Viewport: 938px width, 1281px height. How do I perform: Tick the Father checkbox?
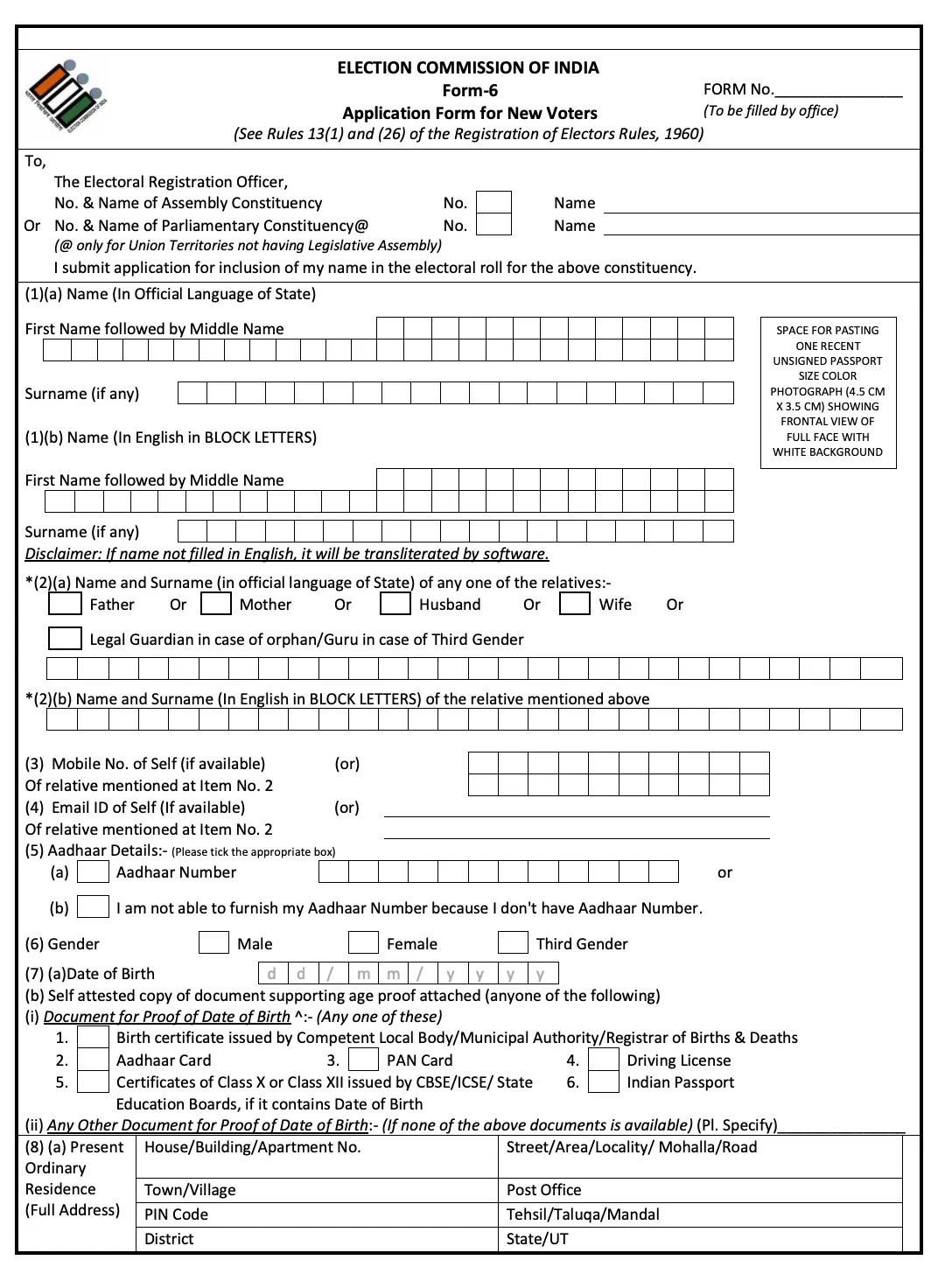(65, 604)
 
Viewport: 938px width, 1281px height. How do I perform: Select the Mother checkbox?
(215, 604)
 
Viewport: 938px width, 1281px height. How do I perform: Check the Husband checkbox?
(395, 604)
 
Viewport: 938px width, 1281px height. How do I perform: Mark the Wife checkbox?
(575, 604)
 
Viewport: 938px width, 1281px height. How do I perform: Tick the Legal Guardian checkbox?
(65, 639)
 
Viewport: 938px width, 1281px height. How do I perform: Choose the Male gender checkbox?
(213, 942)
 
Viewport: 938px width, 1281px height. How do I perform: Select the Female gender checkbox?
(363, 942)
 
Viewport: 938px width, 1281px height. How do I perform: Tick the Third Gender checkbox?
(513, 942)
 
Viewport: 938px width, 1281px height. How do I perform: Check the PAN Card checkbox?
(363, 1060)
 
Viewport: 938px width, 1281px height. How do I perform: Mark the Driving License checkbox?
(604, 1060)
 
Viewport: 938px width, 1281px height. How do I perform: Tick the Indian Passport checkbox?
(604, 1082)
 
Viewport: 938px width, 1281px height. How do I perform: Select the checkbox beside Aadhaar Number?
(93, 871)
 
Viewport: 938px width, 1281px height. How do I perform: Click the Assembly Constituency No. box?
(493, 202)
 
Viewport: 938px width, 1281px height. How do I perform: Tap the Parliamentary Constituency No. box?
(493, 225)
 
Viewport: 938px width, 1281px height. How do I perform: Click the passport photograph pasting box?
(828, 392)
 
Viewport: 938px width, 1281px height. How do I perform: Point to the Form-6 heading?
(469, 90)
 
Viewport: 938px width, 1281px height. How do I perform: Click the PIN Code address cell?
(317, 1214)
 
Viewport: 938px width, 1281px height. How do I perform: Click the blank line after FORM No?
(837, 90)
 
